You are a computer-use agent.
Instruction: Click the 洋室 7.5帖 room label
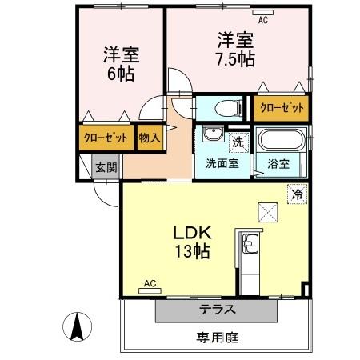coord(236,50)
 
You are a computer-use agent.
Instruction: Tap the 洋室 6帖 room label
coord(122,64)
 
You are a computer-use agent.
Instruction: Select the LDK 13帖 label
coord(192,242)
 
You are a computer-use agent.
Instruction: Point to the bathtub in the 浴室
coord(282,140)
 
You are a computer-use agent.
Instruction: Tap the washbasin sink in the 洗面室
coord(213,134)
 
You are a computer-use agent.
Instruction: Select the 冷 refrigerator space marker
coord(297,194)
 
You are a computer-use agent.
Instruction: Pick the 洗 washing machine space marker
coord(238,142)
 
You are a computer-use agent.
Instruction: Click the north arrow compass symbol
coord(78,326)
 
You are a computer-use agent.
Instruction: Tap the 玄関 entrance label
coord(106,167)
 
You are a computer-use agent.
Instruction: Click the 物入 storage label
coord(150,138)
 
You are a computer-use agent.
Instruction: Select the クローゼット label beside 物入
coord(106,138)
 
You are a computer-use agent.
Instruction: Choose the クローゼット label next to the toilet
coord(282,108)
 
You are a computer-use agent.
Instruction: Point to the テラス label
coord(217,310)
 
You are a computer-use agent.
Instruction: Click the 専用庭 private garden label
coord(217,338)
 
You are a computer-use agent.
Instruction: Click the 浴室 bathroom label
coord(278,164)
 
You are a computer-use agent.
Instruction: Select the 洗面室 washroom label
coord(222,163)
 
